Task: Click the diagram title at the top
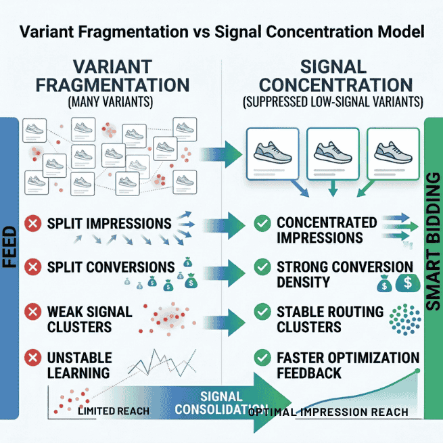pyautogui.click(x=221, y=31)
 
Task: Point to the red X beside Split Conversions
pyautogui.click(x=30, y=268)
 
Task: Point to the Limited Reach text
pyautogui.click(x=113, y=411)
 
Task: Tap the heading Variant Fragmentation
pyautogui.click(x=112, y=77)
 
